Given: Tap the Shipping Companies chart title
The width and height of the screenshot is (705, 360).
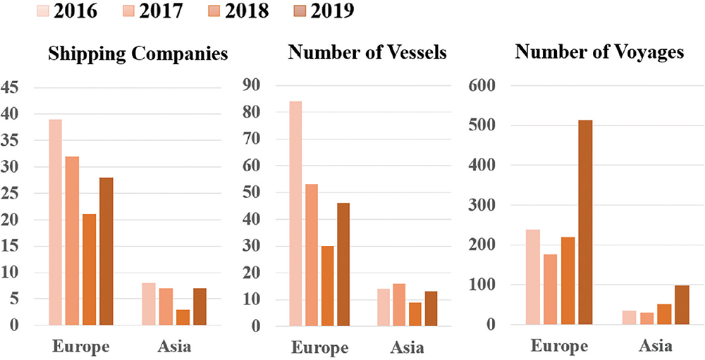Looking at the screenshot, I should click(137, 55).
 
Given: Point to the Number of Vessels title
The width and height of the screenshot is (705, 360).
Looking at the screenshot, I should click(367, 54).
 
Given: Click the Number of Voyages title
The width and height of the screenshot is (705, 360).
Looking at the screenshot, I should click(600, 52).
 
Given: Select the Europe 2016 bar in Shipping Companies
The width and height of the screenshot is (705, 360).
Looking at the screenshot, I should click(54, 222).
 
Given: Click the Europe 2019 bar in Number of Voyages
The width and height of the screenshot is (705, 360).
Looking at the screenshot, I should click(584, 223).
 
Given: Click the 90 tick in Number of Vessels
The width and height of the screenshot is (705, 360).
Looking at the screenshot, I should click(251, 85).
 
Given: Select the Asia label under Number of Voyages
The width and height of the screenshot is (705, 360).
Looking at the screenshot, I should click(655, 347).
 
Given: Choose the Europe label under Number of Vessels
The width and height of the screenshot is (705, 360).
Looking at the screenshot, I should click(321, 348).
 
